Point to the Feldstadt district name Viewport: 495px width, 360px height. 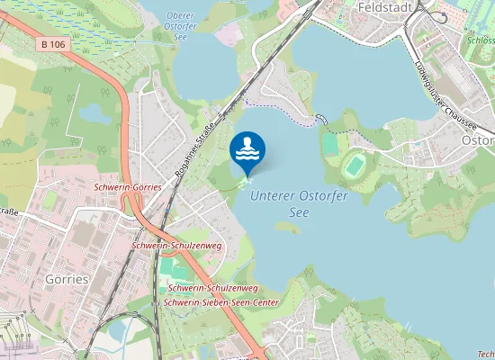[x=384, y=7]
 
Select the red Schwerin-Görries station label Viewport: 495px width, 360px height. [x=128, y=187]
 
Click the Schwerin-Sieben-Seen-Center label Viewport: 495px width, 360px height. [x=221, y=302]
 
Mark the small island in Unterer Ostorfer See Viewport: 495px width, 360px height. [x=288, y=228]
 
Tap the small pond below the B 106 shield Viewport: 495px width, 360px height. [x=94, y=113]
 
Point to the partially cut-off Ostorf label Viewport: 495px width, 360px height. [x=478, y=141]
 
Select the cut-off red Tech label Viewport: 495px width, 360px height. [x=486, y=354]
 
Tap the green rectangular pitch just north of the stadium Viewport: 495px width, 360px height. [x=329, y=144]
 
